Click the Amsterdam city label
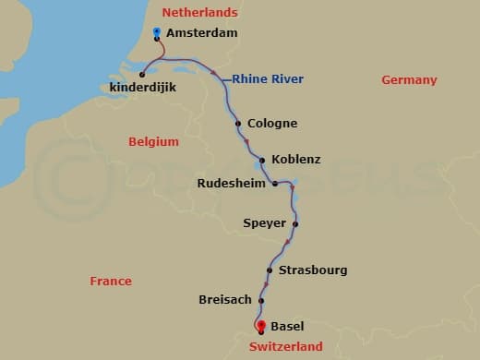tap(202, 33)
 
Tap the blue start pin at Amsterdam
tap(157, 32)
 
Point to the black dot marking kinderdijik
tap(142, 75)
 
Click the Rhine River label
tap(268, 79)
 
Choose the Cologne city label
tap(273, 124)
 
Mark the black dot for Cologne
tap(238, 124)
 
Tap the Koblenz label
tap(296, 160)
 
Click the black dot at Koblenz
tap(262, 160)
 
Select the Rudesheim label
tap(232, 184)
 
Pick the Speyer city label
tap(264, 223)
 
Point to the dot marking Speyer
tap(295, 223)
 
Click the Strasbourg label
tap(313, 270)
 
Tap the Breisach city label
tap(226, 301)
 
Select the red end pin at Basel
tap(261, 324)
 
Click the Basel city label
tap(287, 327)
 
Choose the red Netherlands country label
tap(199, 13)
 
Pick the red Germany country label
tap(409, 80)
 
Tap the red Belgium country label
tap(153, 142)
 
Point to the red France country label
tap(111, 281)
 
